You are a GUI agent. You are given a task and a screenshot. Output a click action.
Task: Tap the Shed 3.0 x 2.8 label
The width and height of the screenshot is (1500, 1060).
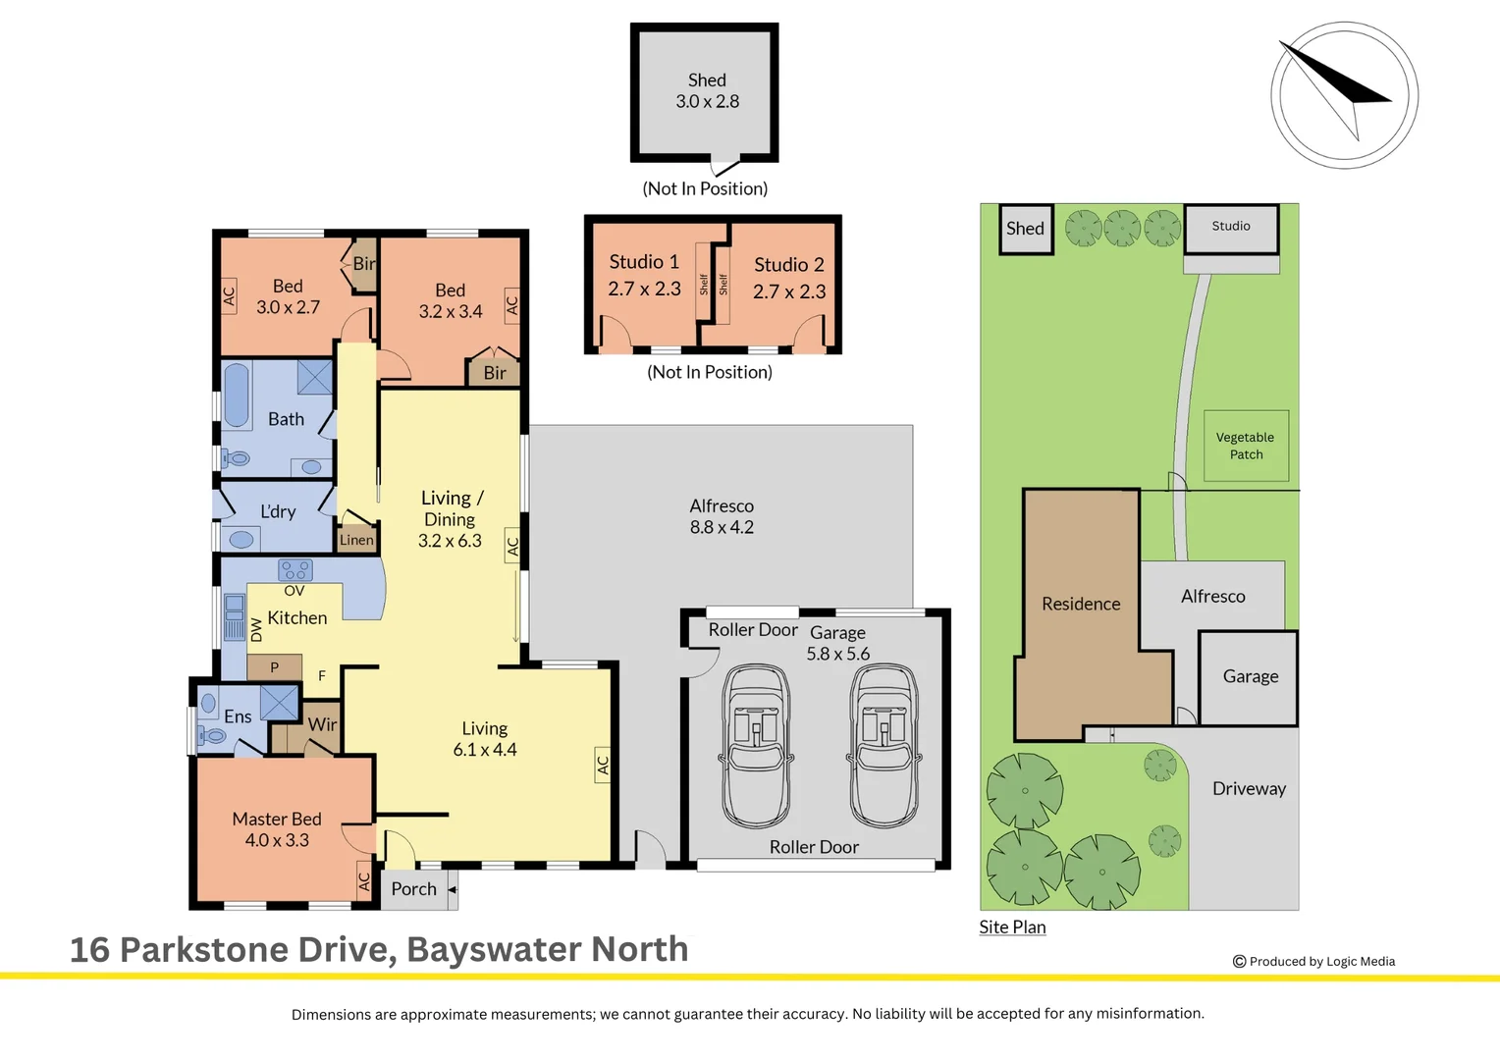[707, 91]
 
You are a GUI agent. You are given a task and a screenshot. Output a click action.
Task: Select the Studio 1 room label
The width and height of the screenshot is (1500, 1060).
[644, 262]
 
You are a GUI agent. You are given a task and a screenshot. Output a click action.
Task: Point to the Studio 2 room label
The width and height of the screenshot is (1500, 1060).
[789, 264]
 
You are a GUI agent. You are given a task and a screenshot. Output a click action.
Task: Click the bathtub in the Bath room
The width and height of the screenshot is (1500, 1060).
[237, 396]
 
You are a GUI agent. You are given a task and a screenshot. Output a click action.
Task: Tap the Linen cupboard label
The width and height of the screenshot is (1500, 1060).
[356, 540]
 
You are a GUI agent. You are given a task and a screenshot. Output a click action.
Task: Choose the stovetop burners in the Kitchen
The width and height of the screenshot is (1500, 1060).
[295, 570]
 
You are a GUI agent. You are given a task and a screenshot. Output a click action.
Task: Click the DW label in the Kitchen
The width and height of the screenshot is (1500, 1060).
[256, 629]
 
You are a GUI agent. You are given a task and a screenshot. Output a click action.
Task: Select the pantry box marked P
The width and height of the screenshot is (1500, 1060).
[274, 667]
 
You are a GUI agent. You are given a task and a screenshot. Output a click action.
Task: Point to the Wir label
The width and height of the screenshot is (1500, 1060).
[322, 724]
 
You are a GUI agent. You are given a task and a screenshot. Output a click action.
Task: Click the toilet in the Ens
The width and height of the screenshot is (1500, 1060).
[211, 736]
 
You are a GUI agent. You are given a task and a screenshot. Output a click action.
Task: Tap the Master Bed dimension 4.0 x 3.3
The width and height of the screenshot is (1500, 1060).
[277, 840]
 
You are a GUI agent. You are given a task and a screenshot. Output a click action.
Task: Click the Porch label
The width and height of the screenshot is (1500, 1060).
[414, 888]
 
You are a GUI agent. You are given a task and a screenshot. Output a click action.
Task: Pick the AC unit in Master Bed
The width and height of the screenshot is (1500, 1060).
[364, 880]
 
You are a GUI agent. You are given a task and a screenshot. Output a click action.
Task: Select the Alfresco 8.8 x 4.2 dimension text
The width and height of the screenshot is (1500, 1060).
[722, 527]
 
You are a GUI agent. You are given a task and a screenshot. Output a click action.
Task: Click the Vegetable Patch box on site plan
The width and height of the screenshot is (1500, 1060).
[1246, 446]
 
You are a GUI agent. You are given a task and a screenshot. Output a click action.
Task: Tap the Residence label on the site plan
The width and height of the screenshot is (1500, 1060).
[1081, 604]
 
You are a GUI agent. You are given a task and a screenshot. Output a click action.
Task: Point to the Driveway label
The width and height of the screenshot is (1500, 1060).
[1250, 789]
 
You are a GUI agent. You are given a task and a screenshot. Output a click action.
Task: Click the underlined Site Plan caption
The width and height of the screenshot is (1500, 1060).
[1012, 927]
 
